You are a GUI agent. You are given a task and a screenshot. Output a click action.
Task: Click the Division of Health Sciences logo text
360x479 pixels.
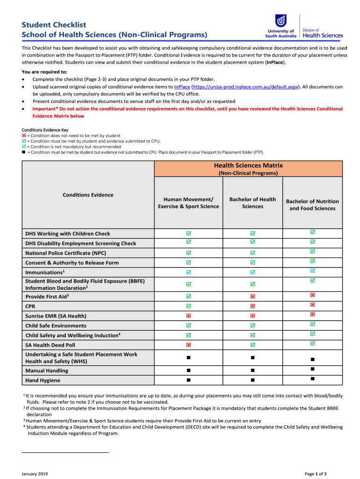(323, 33)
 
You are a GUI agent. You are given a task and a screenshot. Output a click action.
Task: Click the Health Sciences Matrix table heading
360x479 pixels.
(248, 166)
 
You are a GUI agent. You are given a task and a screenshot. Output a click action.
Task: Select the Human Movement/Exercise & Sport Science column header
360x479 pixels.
(188, 203)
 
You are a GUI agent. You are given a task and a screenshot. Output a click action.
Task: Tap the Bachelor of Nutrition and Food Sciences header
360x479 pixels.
(312, 205)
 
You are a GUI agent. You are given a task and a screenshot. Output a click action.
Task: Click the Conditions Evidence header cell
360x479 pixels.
(88, 195)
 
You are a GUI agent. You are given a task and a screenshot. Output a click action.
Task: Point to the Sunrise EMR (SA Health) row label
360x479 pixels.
(56, 316)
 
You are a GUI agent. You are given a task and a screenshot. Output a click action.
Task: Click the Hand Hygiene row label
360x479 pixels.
(43, 380)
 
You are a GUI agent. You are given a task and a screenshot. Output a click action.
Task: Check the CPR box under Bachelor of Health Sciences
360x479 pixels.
(252, 306)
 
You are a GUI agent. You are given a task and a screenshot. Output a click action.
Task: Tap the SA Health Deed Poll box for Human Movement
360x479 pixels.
(188, 345)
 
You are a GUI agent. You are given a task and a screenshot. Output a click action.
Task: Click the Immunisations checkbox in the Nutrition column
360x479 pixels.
(312, 271)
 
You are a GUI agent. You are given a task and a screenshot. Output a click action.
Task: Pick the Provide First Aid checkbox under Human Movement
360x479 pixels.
(188, 296)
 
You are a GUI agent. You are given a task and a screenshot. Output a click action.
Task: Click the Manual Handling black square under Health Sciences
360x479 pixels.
(252, 370)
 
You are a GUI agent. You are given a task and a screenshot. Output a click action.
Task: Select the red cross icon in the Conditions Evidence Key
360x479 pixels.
(24, 136)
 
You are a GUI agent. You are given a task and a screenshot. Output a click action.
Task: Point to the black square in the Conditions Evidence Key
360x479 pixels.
(24, 152)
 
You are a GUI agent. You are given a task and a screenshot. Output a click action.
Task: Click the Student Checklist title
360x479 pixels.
(54, 25)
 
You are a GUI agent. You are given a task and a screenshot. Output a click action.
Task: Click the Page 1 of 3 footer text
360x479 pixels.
(316, 474)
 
